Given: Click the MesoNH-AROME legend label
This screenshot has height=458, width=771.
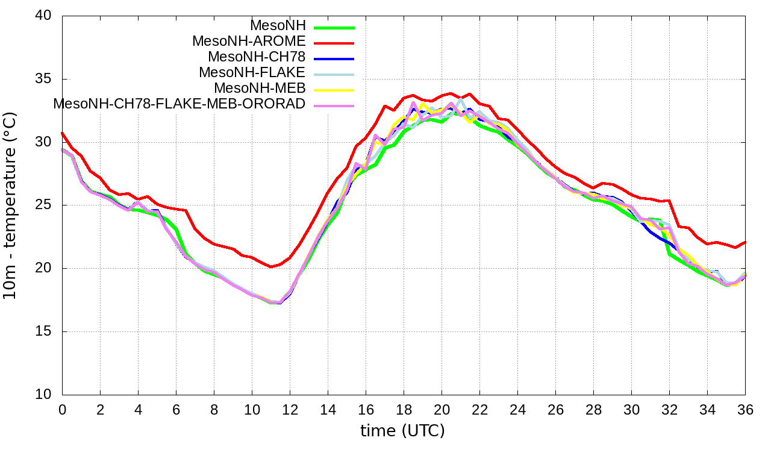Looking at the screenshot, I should coord(249,42).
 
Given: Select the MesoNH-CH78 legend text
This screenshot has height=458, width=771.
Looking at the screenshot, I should coord(257,57).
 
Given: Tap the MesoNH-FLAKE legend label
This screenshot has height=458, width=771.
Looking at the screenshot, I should coord(252,72).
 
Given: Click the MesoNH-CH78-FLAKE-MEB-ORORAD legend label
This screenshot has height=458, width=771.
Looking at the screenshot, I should coord(179,104).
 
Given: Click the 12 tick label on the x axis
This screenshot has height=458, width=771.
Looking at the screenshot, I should coord(290,410).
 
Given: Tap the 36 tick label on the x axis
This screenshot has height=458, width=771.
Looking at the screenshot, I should coord(745,410).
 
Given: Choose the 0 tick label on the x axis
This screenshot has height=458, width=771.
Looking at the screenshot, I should coord(62,410).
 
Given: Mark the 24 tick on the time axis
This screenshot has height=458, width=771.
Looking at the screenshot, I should coord(517,410).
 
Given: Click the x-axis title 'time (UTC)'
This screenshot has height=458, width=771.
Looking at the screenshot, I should coord(402,431).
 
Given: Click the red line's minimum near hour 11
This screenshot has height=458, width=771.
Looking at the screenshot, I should coord(271,267).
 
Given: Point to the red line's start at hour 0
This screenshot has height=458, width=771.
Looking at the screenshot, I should coord(62,133).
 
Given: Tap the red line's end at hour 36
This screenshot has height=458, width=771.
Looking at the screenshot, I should coord(745,242).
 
